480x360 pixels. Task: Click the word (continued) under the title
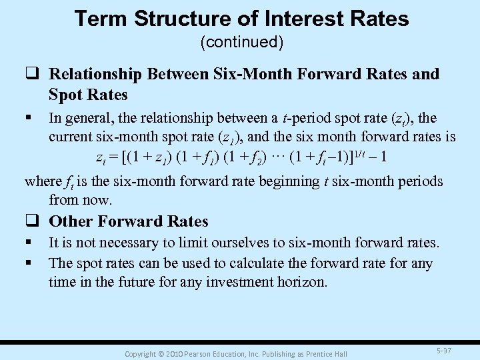pyautogui.click(x=242, y=43)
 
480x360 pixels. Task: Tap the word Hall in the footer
pyautogui.click(x=340, y=353)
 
